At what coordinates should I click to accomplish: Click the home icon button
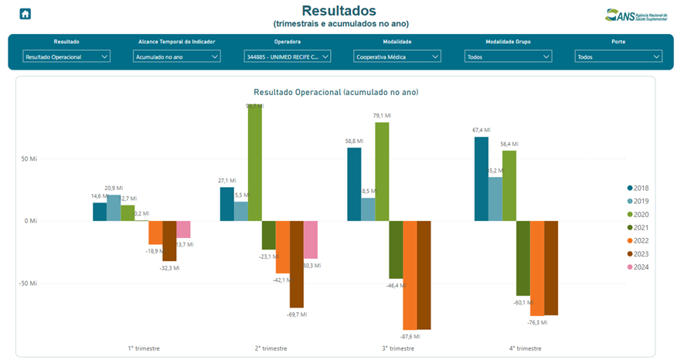[26, 14]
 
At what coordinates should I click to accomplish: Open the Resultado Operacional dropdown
[67, 56]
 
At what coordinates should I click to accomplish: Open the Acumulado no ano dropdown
[177, 56]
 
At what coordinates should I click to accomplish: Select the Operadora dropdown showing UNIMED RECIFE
[288, 56]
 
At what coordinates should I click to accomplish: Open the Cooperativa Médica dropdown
[397, 56]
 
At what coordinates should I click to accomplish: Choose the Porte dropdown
[618, 56]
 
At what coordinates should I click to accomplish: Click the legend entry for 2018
[637, 188]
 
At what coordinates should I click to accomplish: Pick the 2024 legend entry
[637, 267]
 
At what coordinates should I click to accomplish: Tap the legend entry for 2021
[637, 227]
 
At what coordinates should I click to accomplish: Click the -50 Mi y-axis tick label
[27, 284]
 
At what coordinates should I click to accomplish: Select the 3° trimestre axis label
[398, 349]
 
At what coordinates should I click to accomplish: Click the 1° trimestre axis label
[144, 349]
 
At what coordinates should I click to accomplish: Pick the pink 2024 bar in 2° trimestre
[311, 239]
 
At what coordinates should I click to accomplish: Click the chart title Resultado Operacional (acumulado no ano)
[336, 92]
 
